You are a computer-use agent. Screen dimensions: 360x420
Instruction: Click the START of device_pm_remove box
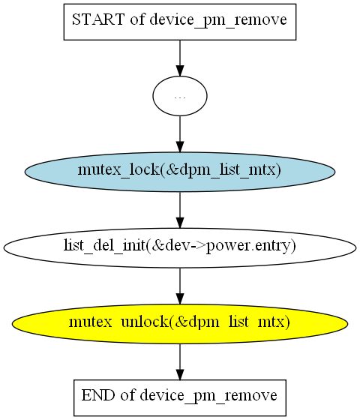point(180,22)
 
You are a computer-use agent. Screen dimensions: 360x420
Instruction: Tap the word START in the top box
point(98,19)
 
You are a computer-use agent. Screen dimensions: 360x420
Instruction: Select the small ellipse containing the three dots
point(180,96)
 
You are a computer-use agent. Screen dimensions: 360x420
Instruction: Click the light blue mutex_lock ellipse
point(180,172)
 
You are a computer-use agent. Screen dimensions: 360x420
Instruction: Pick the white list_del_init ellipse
point(180,247)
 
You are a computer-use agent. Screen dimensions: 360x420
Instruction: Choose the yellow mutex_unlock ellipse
point(180,324)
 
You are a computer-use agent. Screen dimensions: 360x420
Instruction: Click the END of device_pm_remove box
point(180,397)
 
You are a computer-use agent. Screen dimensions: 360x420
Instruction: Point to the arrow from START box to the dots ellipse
point(180,58)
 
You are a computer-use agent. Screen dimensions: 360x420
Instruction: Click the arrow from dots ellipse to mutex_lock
point(180,134)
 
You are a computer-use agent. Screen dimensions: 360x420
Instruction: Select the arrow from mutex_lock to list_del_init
point(180,210)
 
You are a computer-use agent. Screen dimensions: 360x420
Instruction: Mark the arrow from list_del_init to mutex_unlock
point(180,286)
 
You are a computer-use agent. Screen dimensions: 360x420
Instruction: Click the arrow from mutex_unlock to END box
point(180,361)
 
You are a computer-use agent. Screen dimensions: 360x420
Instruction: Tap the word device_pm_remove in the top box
point(218,21)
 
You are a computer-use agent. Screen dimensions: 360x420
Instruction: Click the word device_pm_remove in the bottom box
point(208,397)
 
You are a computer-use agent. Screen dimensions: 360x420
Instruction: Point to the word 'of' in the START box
point(137,19)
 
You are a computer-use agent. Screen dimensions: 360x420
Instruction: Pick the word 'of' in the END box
point(127,395)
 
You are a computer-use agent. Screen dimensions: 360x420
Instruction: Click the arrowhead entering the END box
point(180,374)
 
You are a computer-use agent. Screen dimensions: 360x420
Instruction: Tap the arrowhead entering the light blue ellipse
point(180,147)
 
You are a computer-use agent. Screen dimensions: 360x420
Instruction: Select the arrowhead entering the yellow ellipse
point(180,299)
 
